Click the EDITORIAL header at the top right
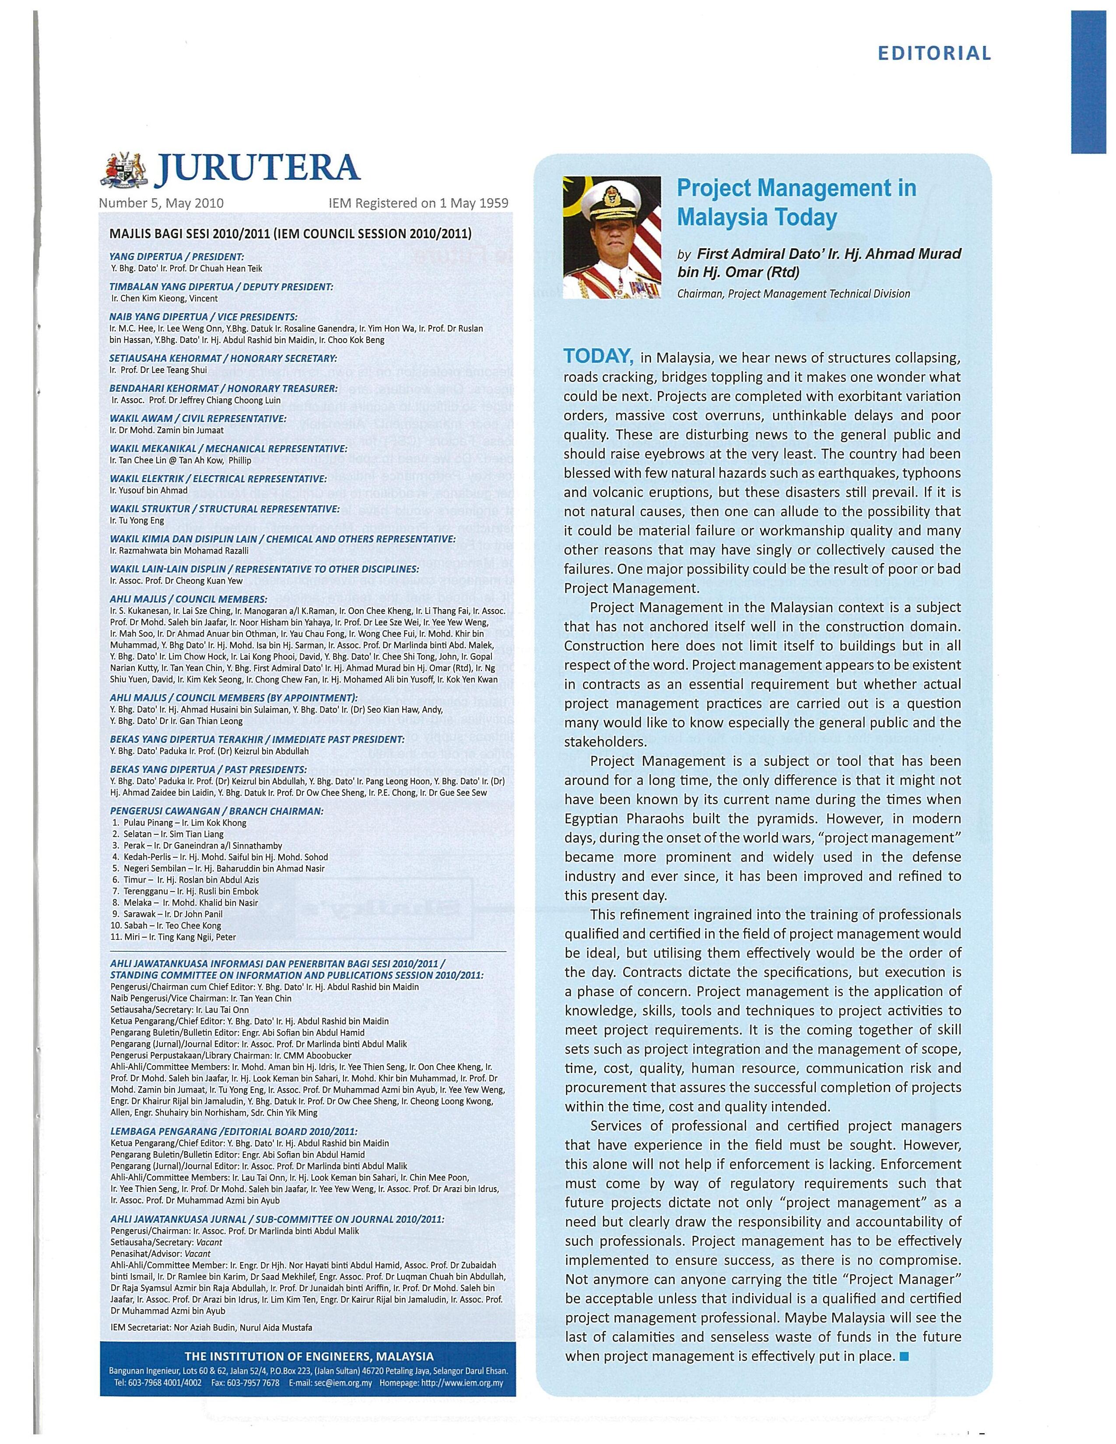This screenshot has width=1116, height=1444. tap(934, 53)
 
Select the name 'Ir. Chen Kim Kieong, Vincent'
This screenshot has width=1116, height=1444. tap(164, 298)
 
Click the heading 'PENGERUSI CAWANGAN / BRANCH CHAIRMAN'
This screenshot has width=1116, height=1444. tap(217, 810)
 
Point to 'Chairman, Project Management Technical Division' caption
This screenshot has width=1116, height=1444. tap(793, 294)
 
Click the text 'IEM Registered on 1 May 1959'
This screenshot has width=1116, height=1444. tap(418, 203)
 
